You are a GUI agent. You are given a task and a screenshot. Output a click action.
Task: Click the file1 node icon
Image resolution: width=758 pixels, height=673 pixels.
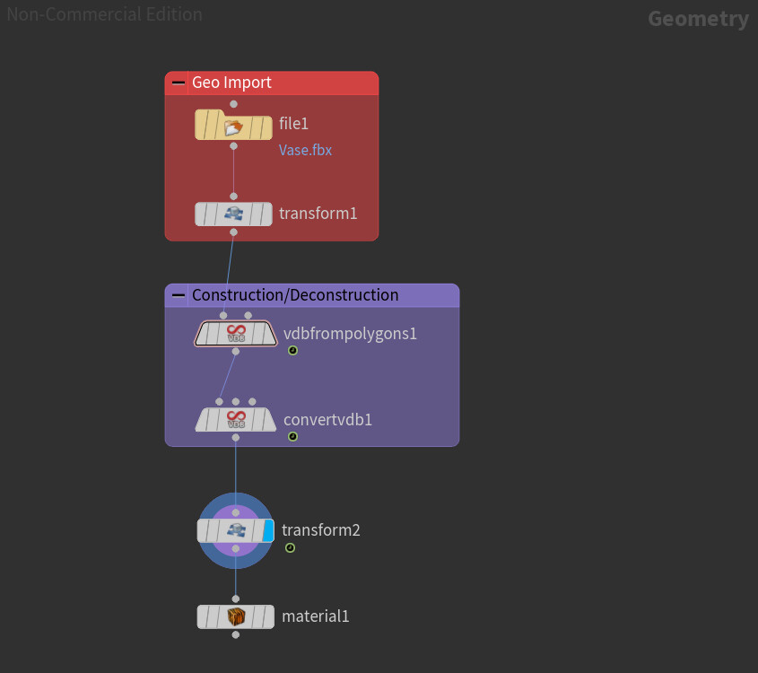pyautogui.click(x=234, y=127)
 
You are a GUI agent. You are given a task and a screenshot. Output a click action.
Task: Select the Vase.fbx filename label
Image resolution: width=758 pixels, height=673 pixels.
pyautogui.click(x=305, y=150)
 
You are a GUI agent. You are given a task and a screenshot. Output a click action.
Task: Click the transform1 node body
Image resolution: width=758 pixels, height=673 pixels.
pyautogui.click(x=234, y=214)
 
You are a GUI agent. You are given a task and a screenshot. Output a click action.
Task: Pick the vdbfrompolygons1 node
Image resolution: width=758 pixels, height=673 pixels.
pyautogui.click(x=236, y=335)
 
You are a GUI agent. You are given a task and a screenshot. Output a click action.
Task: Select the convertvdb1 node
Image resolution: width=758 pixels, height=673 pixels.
pyautogui.click(x=236, y=419)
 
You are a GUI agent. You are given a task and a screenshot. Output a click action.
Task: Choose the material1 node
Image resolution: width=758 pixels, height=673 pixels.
pyautogui.click(x=235, y=616)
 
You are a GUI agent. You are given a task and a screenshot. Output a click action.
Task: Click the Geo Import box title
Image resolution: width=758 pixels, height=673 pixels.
pyautogui.click(x=231, y=83)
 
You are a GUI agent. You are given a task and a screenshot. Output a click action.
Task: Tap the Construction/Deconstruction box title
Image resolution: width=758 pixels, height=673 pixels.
pyautogui.click(x=295, y=295)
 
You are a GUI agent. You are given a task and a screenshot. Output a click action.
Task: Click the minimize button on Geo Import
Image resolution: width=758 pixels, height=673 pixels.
pyautogui.click(x=179, y=83)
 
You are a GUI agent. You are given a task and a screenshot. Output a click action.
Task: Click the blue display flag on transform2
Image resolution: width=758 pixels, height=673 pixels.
pyautogui.click(x=267, y=530)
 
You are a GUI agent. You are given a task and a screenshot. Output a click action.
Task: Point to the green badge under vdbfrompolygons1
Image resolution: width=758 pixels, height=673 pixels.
pyautogui.click(x=292, y=351)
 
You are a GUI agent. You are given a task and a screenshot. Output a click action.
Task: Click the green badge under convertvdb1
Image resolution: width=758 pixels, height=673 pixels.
pyautogui.click(x=292, y=436)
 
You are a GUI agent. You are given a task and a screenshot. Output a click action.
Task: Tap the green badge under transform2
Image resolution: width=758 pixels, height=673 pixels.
pyautogui.click(x=290, y=547)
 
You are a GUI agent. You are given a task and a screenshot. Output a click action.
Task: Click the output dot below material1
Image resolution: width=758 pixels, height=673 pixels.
pyautogui.click(x=235, y=634)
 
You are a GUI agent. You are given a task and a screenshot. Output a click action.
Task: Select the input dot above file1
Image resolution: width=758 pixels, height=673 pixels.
pyautogui.click(x=234, y=104)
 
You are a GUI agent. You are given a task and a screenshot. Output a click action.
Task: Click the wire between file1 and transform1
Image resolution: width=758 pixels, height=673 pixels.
pyautogui.click(x=234, y=170)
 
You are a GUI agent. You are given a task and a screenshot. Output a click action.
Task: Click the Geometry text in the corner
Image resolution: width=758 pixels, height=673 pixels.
pyautogui.click(x=698, y=19)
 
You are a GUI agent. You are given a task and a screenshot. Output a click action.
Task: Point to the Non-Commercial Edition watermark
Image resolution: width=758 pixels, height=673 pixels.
pyautogui.click(x=104, y=14)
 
